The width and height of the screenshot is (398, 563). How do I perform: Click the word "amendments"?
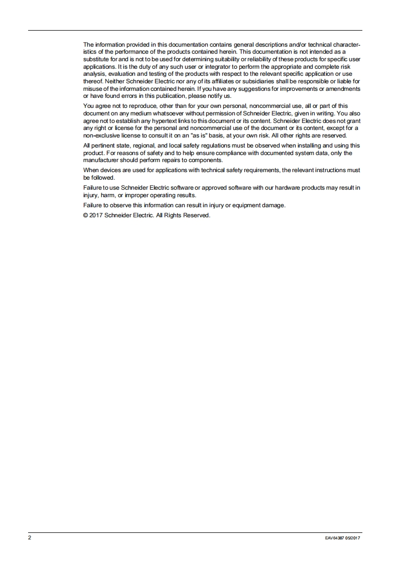click(341, 88)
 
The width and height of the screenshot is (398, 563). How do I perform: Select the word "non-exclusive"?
click(101, 135)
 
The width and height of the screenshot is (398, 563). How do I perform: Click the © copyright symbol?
click(86, 215)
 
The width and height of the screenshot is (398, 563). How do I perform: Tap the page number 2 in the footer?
click(30, 537)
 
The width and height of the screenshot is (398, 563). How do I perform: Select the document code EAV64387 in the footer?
click(335, 538)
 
